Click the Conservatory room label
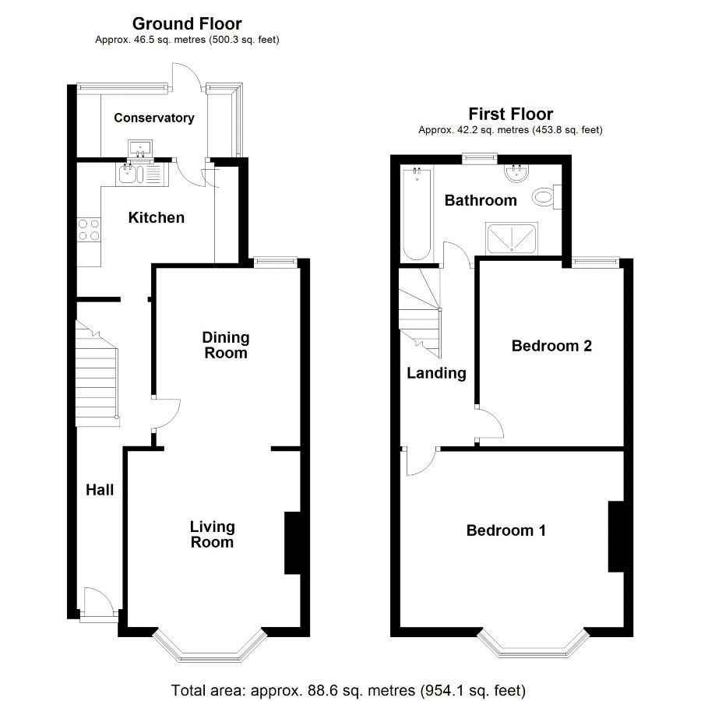[x=153, y=118]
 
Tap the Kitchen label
[x=157, y=217]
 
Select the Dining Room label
[x=226, y=345]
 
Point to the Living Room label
[x=212, y=535]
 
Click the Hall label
[x=100, y=490]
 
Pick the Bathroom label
[x=481, y=200]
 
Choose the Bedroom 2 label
[x=551, y=345]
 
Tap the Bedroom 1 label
[x=505, y=530]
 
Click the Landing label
[x=436, y=373]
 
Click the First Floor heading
[x=510, y=114]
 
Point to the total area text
[x=349, y=690]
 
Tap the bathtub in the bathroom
[x=417, y=214]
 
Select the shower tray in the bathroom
[x=512, y=239]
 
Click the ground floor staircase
[x=98, y=375]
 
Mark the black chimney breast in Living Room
[x=293, y=543]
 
